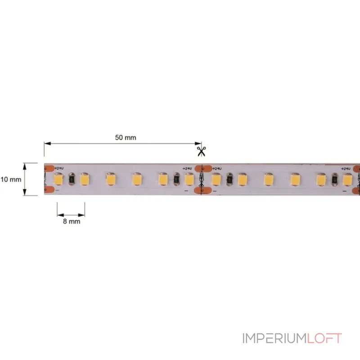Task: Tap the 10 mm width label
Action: point(10,179)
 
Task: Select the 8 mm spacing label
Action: point(71,221)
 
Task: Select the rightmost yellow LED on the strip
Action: point(347,180)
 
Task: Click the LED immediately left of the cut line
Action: point(189,179)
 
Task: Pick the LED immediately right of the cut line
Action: point(216,180)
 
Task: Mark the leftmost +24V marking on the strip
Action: point(58,169)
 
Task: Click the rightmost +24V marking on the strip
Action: point(346,169)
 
